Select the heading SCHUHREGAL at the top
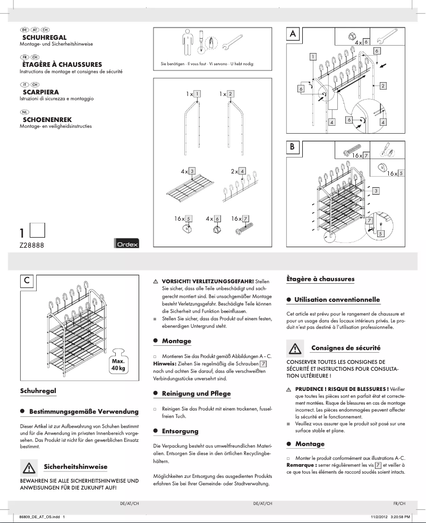click(x=44, y=38)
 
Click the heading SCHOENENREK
click(x=47, y=120)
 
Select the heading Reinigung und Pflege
click(x=196, y=394)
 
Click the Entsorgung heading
click(x=180, y=431)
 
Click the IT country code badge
click(x=24, y=84)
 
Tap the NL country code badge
click(x=25, y=112)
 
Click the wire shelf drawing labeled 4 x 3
click(x=185, y=194)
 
